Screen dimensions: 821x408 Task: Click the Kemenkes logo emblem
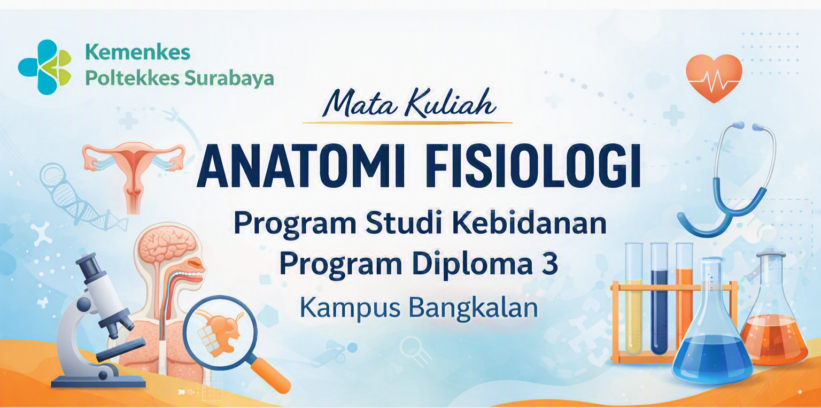tap(45, 67)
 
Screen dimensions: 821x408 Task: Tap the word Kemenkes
tap(138, 52)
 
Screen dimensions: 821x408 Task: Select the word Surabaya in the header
tap(229, 79)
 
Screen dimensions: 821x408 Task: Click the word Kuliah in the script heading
tap(451, 104)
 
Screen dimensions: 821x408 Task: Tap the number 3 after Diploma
tap(550, 264)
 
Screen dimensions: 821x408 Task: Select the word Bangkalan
tap(473, 308)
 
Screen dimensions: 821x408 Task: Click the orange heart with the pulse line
tap(714, 78)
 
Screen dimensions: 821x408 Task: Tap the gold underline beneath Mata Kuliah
tap(408, 122)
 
